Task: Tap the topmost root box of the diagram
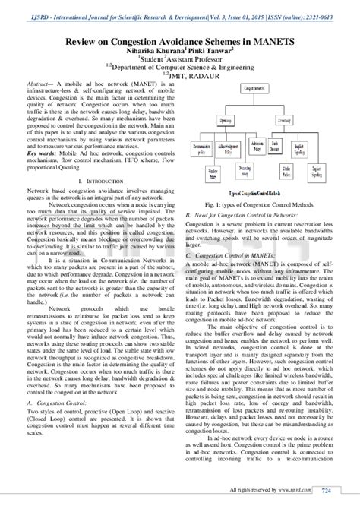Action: coord(261,88)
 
